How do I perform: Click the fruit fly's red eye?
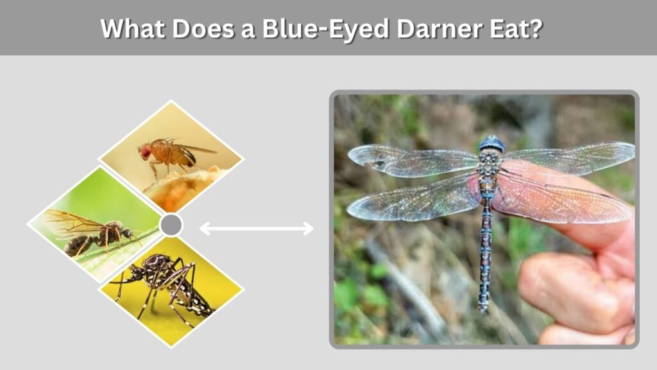(145, 152)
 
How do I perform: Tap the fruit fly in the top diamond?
(172, 155)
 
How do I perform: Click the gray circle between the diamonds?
(171, 225)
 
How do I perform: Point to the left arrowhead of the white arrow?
(205, 229)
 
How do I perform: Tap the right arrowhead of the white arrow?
(309, 229)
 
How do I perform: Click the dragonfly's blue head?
(492, 143)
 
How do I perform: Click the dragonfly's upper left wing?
(413, 160)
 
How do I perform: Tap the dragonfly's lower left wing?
(415, 200)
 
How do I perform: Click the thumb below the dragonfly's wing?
(578, 290)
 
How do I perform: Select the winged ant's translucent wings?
(71, 223)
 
